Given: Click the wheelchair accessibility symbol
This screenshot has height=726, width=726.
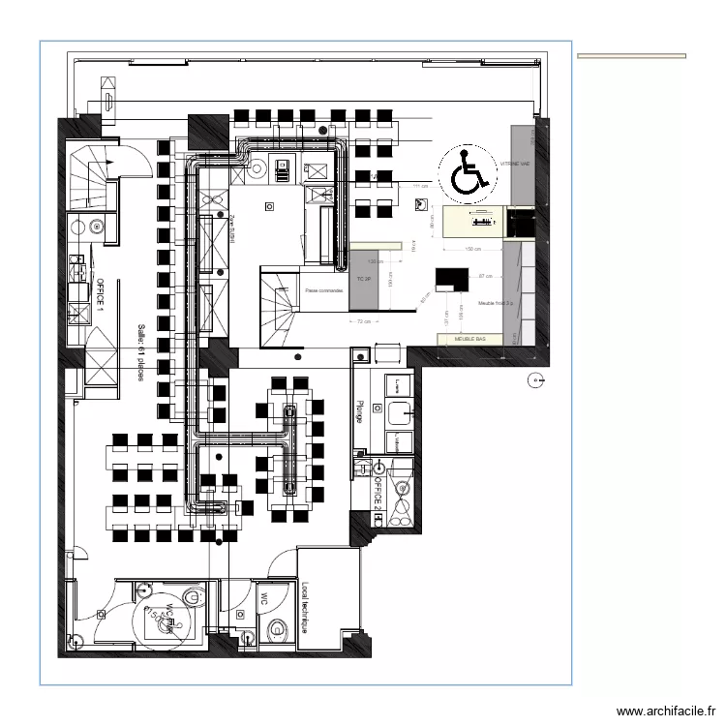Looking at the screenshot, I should click(x=467, y=173).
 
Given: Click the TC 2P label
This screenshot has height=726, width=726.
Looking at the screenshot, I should click(x=365, y=279).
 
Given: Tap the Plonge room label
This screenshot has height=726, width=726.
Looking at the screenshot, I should click(x=360, y=410).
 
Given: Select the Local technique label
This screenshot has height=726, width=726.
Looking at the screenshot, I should click(x=306, y=606).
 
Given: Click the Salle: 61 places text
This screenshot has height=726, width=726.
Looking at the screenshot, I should click(x=140, y=351).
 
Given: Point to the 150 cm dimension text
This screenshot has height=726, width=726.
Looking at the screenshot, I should click(x=473, y=250).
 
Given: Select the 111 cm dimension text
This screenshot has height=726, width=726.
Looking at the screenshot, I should click(x=419, y=186).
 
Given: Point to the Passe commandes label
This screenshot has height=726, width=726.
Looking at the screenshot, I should click(x=323, y=289).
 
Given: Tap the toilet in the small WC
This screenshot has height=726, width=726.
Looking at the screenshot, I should click(x=278, y=631).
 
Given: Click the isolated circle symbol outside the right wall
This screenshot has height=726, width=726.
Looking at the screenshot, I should click(x=532, y=379).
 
